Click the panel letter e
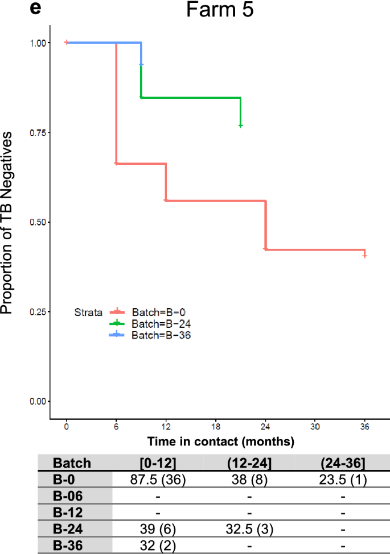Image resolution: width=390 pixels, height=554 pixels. pos(35,9)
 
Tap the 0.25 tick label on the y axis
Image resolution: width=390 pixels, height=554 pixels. pos(39,312)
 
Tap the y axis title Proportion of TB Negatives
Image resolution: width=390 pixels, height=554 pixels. pos(8,222)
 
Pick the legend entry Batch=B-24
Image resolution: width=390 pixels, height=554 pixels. pos(153,323)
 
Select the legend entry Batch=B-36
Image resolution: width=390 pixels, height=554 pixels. pos(153,335)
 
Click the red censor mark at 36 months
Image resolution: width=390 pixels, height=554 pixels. pos(364,256)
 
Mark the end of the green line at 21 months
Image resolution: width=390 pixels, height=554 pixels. pos(240,125)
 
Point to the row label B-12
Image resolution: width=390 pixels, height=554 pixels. pos(67,513)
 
